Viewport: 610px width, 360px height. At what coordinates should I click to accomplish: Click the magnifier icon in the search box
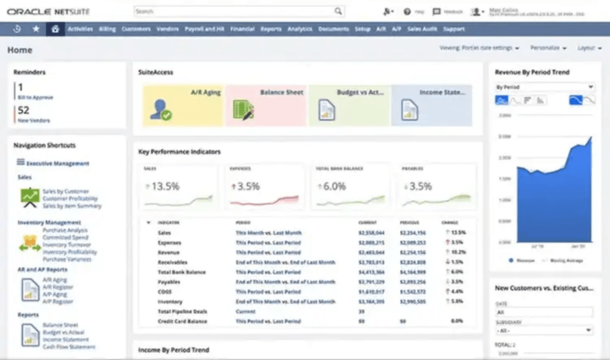[x=338, y=11]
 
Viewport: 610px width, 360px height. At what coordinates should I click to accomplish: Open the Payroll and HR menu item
[x=205, y=29]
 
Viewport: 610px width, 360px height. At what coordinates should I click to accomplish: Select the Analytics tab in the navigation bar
[x=300, y=29]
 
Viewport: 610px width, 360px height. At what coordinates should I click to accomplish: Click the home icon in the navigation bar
[x=55, y=29]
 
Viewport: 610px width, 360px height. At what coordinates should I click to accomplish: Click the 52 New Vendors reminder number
[x=23, y=111]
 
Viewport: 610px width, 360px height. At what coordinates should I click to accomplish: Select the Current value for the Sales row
[x=371, y=233]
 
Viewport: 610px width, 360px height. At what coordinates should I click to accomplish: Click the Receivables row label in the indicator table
[x=172, y=262]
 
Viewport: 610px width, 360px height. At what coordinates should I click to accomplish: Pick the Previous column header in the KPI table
[x=409, y=222]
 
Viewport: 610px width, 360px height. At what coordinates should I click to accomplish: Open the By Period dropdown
[x=544, y=87]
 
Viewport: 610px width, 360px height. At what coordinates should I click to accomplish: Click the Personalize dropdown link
[x=547, y=48]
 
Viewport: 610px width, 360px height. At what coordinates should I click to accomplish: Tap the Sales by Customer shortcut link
[x=66, y=192]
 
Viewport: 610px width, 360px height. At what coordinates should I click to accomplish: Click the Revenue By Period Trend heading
[x=532, y=72]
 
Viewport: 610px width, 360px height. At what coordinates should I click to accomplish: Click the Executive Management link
[x=57, y=164]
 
